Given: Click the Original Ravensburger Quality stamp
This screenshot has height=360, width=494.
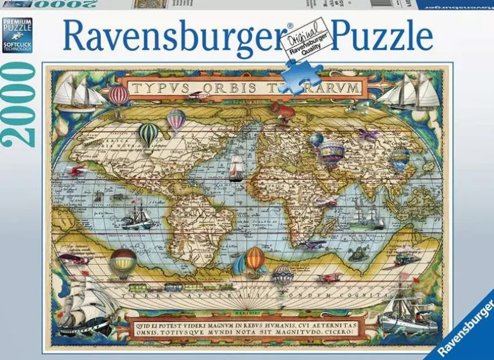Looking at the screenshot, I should coord(306,43).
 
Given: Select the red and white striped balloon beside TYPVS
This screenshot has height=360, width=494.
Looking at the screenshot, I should coord(119,96).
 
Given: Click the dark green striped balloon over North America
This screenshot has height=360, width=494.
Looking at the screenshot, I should coord(149,134).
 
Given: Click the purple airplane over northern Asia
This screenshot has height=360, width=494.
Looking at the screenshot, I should coord(368,134).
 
